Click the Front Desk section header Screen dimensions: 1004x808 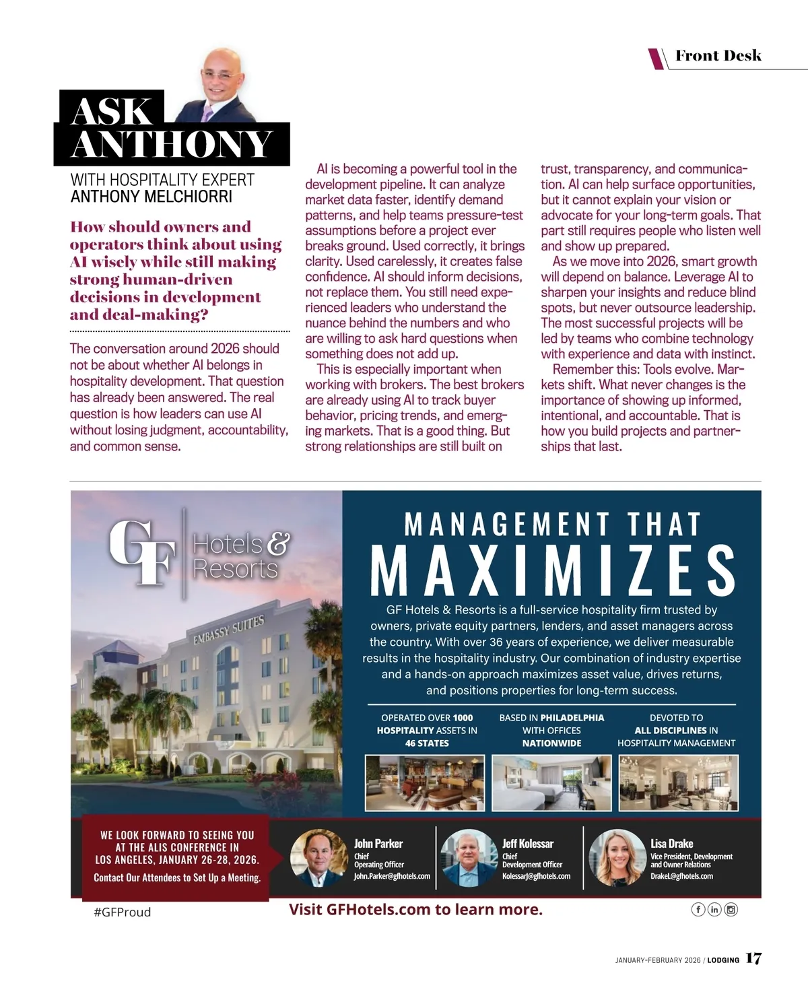pos(718,56)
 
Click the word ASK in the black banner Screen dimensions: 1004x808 pos(112,111)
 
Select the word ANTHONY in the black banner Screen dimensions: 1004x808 pos(172,144)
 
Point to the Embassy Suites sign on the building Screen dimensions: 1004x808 pos(229,629)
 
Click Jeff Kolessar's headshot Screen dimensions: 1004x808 pos(469,858)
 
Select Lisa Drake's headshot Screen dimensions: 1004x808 pos(617,858)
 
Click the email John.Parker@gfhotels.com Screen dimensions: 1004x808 pos(392,876)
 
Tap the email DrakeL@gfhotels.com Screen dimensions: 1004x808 pos(681,876)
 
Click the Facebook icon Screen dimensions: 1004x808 pos(698,910)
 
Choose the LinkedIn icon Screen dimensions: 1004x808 pos(714,910)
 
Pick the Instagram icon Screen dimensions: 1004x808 pos(731,910)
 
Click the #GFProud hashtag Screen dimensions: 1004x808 pos(122,912)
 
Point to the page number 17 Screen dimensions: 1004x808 pos(753,959)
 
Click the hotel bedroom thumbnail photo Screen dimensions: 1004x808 pos(551,782)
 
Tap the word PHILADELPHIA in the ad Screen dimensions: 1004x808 pos(572,718)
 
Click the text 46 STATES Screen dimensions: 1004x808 pos(427,743)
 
